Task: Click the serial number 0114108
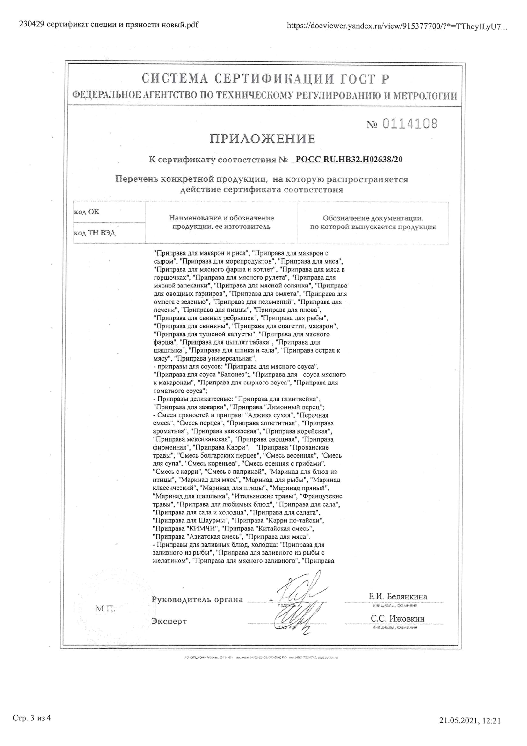pyautogui.click(x=409, y=124)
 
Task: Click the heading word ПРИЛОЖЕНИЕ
pyautogui.click(x=262, y=139)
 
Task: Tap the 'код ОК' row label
pyautogui.click(x=87, y=212)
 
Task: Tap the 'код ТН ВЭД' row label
pyautogui.click(x=94, y=233)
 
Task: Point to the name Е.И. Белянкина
pyautogui.click(x=398, y=596)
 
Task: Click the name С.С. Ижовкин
pyautogui.click(x=398, y=619)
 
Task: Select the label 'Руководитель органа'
pyautogui.click(x=197, y=600)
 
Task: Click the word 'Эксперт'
pyautogui.click(x=169, y=621)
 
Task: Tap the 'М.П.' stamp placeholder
pyautogui.click(x=106, y=608)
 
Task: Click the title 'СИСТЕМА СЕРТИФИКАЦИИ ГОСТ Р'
pyautogui.click(x=265, y=79)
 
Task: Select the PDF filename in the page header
pyautogui.click(x=109, y=25)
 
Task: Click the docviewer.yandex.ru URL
pyautogui.click(x=397, y=26)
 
